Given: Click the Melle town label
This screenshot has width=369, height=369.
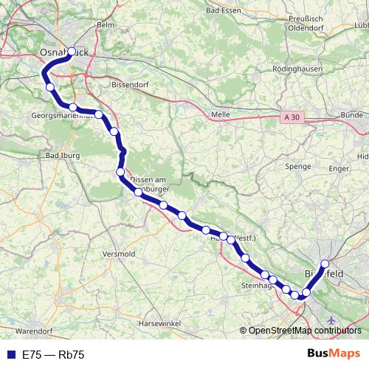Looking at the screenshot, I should point(221,115).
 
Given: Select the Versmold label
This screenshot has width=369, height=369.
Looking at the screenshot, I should point(120,253).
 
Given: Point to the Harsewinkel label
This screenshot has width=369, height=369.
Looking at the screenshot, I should point(166,324).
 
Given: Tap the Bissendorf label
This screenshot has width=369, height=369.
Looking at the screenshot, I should point(130,85).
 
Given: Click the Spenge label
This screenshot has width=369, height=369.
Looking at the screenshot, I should point(298,167).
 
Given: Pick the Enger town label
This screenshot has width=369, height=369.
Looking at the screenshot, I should point(339,169).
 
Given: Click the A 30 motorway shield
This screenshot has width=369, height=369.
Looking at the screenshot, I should point(292,117).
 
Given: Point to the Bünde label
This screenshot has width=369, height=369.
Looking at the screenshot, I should point(352,115).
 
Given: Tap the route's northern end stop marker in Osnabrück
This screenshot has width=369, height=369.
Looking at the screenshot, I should point(72,52).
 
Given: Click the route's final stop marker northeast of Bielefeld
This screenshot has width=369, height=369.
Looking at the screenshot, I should point(325,263).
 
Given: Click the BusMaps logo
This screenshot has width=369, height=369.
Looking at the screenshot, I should point(334,354).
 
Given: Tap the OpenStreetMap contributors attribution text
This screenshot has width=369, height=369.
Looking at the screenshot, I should point(305,331).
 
